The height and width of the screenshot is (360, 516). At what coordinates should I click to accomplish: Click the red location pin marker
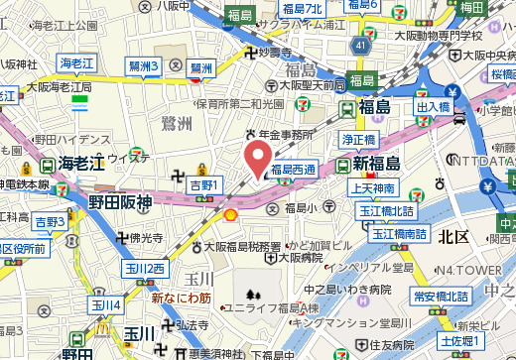(x=258, y=159)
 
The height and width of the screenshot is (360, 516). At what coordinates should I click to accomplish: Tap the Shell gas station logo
(x=230, y=213)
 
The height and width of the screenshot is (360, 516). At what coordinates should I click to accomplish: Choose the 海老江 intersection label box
(x=74, y=62)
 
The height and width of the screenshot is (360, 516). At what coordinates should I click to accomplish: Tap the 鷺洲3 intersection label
(x=143, y=66)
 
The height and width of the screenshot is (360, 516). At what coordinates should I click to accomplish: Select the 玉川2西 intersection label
(x=145, y=269)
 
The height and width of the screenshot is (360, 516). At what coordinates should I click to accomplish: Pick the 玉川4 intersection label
(x=106, y=304)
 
